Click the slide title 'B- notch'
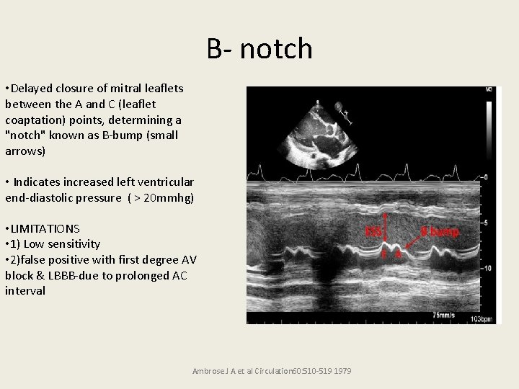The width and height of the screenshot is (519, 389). [259, 49]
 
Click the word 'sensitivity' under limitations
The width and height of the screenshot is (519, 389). [74, 244]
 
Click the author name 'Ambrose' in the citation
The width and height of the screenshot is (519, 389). [209, 371]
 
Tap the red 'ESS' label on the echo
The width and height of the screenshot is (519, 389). [373, 233]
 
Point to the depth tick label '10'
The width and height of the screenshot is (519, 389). [488, 267]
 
